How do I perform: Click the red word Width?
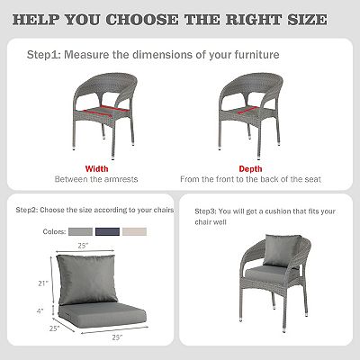click(x=97, y=168)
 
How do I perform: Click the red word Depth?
click(x=251, y=168)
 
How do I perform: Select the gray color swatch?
click(x=80, y=230)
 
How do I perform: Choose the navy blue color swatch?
click(x=107, y=230)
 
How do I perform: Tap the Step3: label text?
click(x=209, y=211)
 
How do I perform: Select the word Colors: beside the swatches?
click(x=53, y=230)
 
